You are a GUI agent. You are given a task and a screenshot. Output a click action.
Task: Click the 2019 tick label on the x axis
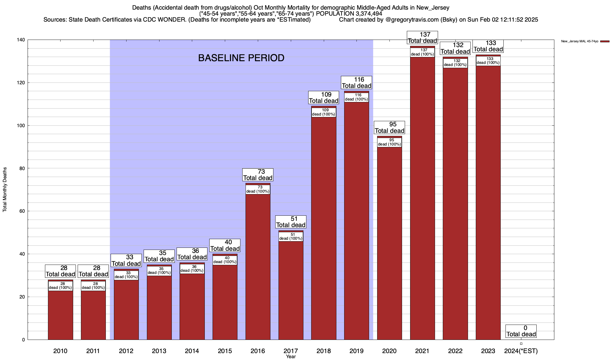(356, 351)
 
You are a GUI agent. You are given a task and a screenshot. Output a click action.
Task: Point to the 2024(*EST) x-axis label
(521, 351)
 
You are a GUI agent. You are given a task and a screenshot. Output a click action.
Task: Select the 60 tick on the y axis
(22, 211)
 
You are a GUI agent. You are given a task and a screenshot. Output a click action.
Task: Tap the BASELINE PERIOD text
(241, 58)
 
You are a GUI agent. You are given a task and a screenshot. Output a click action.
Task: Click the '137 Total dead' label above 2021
(422, 37)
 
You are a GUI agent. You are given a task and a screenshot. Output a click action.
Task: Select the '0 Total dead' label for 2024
(521, 331)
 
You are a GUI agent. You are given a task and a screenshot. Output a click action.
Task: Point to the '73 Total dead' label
(258, 175)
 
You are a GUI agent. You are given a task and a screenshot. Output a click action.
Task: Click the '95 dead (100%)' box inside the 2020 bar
(389, 142)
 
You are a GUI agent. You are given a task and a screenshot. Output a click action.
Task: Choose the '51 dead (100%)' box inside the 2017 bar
(291, 236)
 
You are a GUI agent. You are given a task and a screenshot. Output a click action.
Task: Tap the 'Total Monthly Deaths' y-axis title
(5, 190)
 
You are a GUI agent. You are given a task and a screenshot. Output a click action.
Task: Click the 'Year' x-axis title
(291, 357)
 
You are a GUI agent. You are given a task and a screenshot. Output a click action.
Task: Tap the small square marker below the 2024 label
(521, 343)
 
